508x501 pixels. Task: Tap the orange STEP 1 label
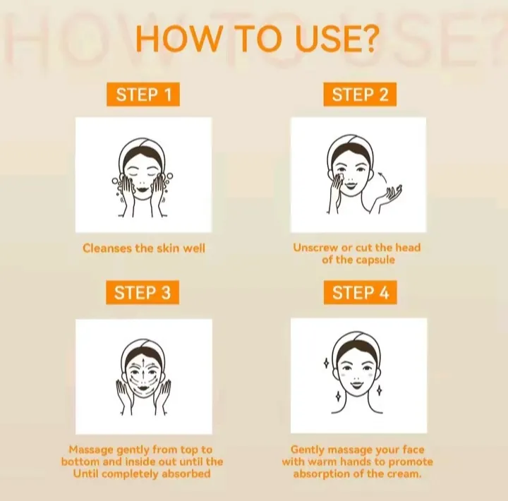pyautogui.click(x=143, y=95)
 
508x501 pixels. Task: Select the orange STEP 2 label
pyautogui.click(x=360, y=95)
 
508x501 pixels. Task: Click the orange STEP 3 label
pyautogui.click(x=143, y=293)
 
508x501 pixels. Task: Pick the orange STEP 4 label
pyautogui.click(x=361, y=293)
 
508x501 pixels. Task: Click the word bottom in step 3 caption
pyautogui.click(x=80, y=461)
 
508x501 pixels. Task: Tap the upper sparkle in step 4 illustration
pyautogui.click(x=327, y=363)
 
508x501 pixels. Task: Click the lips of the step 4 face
pyautogui.click(x=357, y=385)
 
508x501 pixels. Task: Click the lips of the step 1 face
pyautogui.click(x=143, y=188)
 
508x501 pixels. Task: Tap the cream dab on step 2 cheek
pyautogui.click(x=339, y=177)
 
